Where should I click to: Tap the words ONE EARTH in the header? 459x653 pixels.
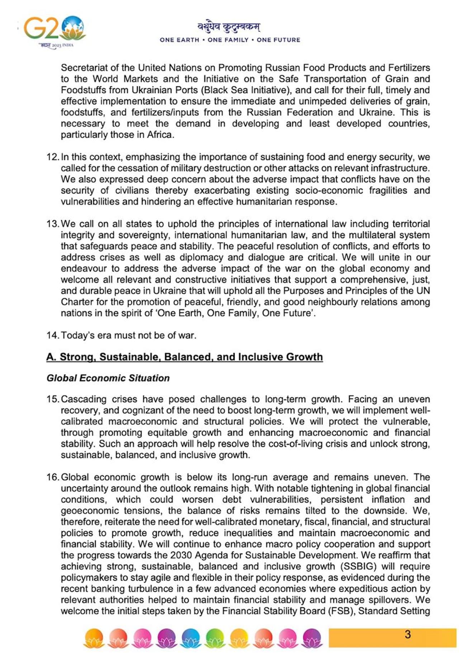179,40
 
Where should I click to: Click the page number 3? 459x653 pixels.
407,634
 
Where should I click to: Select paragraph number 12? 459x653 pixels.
52,157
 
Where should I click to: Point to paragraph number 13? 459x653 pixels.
52,224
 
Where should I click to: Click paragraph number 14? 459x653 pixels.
52,335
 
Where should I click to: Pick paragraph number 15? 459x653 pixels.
52,399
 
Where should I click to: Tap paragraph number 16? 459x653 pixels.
52,477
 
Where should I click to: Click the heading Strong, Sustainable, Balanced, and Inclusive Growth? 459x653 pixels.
184,357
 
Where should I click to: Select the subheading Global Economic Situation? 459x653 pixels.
108,378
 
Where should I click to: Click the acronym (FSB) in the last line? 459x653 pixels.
340,611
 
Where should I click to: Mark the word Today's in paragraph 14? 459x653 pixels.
77,335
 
